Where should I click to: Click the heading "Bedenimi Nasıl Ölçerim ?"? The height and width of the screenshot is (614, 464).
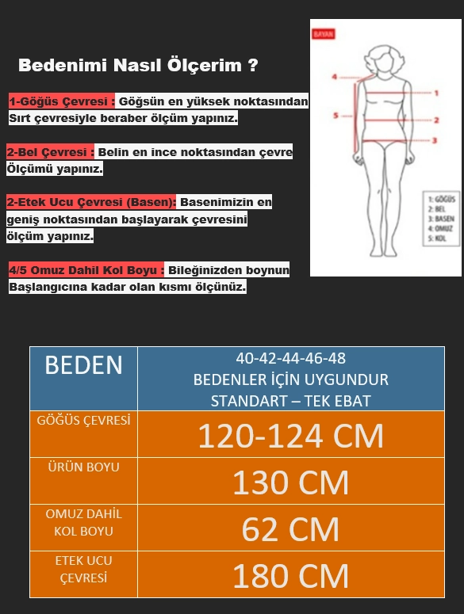137,66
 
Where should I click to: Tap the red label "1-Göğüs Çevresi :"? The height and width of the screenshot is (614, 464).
62,101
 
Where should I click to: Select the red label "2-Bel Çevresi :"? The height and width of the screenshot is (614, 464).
51,151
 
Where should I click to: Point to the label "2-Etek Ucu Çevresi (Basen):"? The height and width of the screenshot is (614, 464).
91,202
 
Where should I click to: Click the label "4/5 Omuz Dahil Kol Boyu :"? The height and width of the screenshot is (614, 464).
86,270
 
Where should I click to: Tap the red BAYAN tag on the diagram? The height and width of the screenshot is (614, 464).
324,35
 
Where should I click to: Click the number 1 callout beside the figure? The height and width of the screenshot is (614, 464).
435,93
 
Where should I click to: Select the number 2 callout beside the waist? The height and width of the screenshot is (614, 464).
435,120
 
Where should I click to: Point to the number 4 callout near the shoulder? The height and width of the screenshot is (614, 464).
335,77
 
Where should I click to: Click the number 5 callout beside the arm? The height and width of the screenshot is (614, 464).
335,116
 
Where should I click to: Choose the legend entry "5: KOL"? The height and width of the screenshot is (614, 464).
435,236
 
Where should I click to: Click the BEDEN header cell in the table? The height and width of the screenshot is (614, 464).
84,365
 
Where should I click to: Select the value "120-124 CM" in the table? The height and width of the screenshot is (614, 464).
290,435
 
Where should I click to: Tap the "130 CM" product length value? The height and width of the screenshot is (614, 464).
290,482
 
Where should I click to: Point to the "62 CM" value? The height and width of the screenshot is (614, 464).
290,528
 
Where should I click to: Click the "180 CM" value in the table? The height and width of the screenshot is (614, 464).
290,575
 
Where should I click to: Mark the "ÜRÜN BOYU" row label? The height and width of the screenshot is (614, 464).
84,467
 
